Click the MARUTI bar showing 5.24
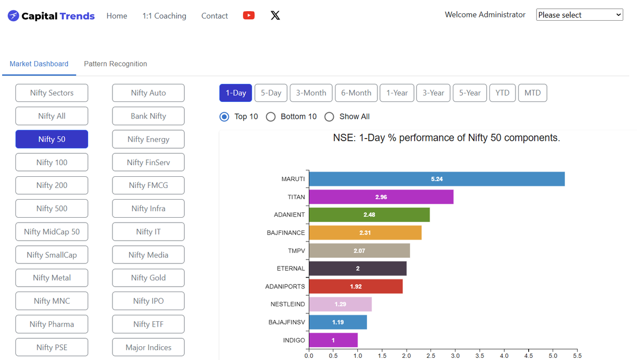[437, 179]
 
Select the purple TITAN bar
[381, 197]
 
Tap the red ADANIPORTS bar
[356, 286]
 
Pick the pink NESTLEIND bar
[340, 304]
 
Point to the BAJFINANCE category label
[286, 233]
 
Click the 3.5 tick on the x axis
[480, 356]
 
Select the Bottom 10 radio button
[271, 117]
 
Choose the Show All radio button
[329, 117]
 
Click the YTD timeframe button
[502, 93]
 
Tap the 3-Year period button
[433, 93]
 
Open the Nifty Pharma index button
[52, 324]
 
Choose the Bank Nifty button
[148, 116]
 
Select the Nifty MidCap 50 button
[52, 232]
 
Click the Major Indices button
[148, 347]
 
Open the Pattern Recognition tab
[116, 64]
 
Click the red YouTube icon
[249, 15]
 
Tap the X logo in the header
[276, 15]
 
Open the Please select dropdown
[580, 15]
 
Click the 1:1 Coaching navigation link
[165, 15]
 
